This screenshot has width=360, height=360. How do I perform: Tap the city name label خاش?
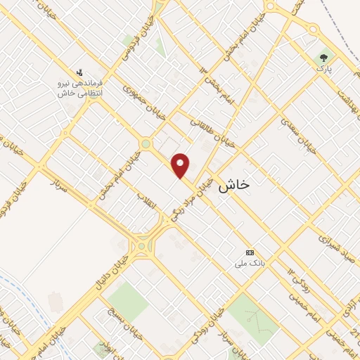coord(234,186)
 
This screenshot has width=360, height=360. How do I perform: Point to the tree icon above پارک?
coord(323,58)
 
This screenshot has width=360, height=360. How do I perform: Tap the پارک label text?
coord(323,69)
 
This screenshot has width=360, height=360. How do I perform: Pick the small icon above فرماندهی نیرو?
coord(80,71)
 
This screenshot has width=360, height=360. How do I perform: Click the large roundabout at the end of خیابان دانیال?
coord(142,246)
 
